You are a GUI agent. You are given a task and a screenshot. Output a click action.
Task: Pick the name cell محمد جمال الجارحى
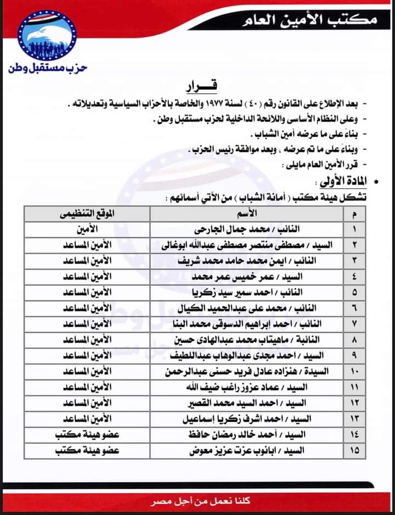(245, 228)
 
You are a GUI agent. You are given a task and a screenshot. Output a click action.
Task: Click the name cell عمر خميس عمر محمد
(245, 276)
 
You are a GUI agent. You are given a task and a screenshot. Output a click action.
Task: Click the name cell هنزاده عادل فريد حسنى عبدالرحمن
(245, 371)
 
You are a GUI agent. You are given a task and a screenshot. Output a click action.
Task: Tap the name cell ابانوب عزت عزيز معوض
(245, 451)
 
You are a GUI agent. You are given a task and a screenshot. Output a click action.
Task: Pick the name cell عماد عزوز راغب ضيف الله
(245, 387)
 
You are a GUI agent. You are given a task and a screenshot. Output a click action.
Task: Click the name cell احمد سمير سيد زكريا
(245, 292)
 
